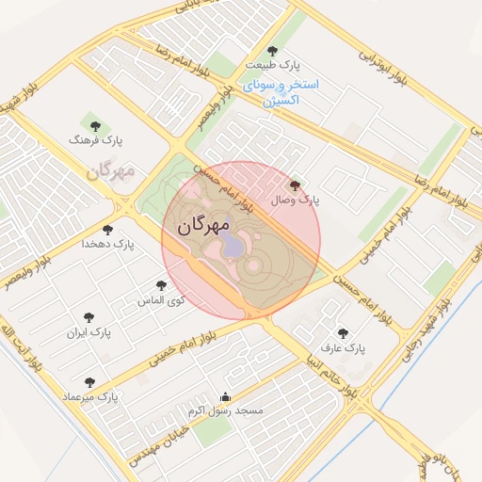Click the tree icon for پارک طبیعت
(273, 51)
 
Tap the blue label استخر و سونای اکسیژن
(281, 91)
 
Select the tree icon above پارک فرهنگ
(92, 124)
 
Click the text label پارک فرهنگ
(97, 140)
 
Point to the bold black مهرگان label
(203, 225)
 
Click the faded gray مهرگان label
(111, 171)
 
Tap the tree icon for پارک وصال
(297, 186)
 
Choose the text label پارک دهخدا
(107, 244)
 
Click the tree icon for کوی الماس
(161, 285)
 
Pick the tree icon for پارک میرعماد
(89, 382)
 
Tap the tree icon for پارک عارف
(343, 332)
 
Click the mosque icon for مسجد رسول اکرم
(224, 396)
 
